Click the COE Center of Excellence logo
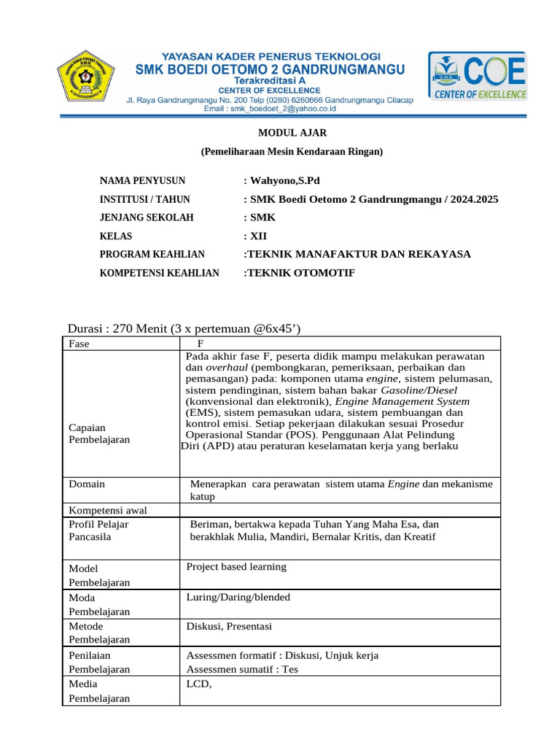(x=478, y=76)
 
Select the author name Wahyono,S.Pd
(x=281, y=181)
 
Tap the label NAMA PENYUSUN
(x=142, y=181)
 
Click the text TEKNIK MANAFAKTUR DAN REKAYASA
(x=357, y=254)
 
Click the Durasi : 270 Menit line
(x=184, y=328)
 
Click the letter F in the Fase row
(x=202, y=343)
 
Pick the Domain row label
(x=86, y=484)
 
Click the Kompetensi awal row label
(x=102, y=510)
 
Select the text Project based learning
(x=236, y=567)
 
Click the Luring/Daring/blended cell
(x=238, y=597)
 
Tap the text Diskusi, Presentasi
(x=229, y=626)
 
